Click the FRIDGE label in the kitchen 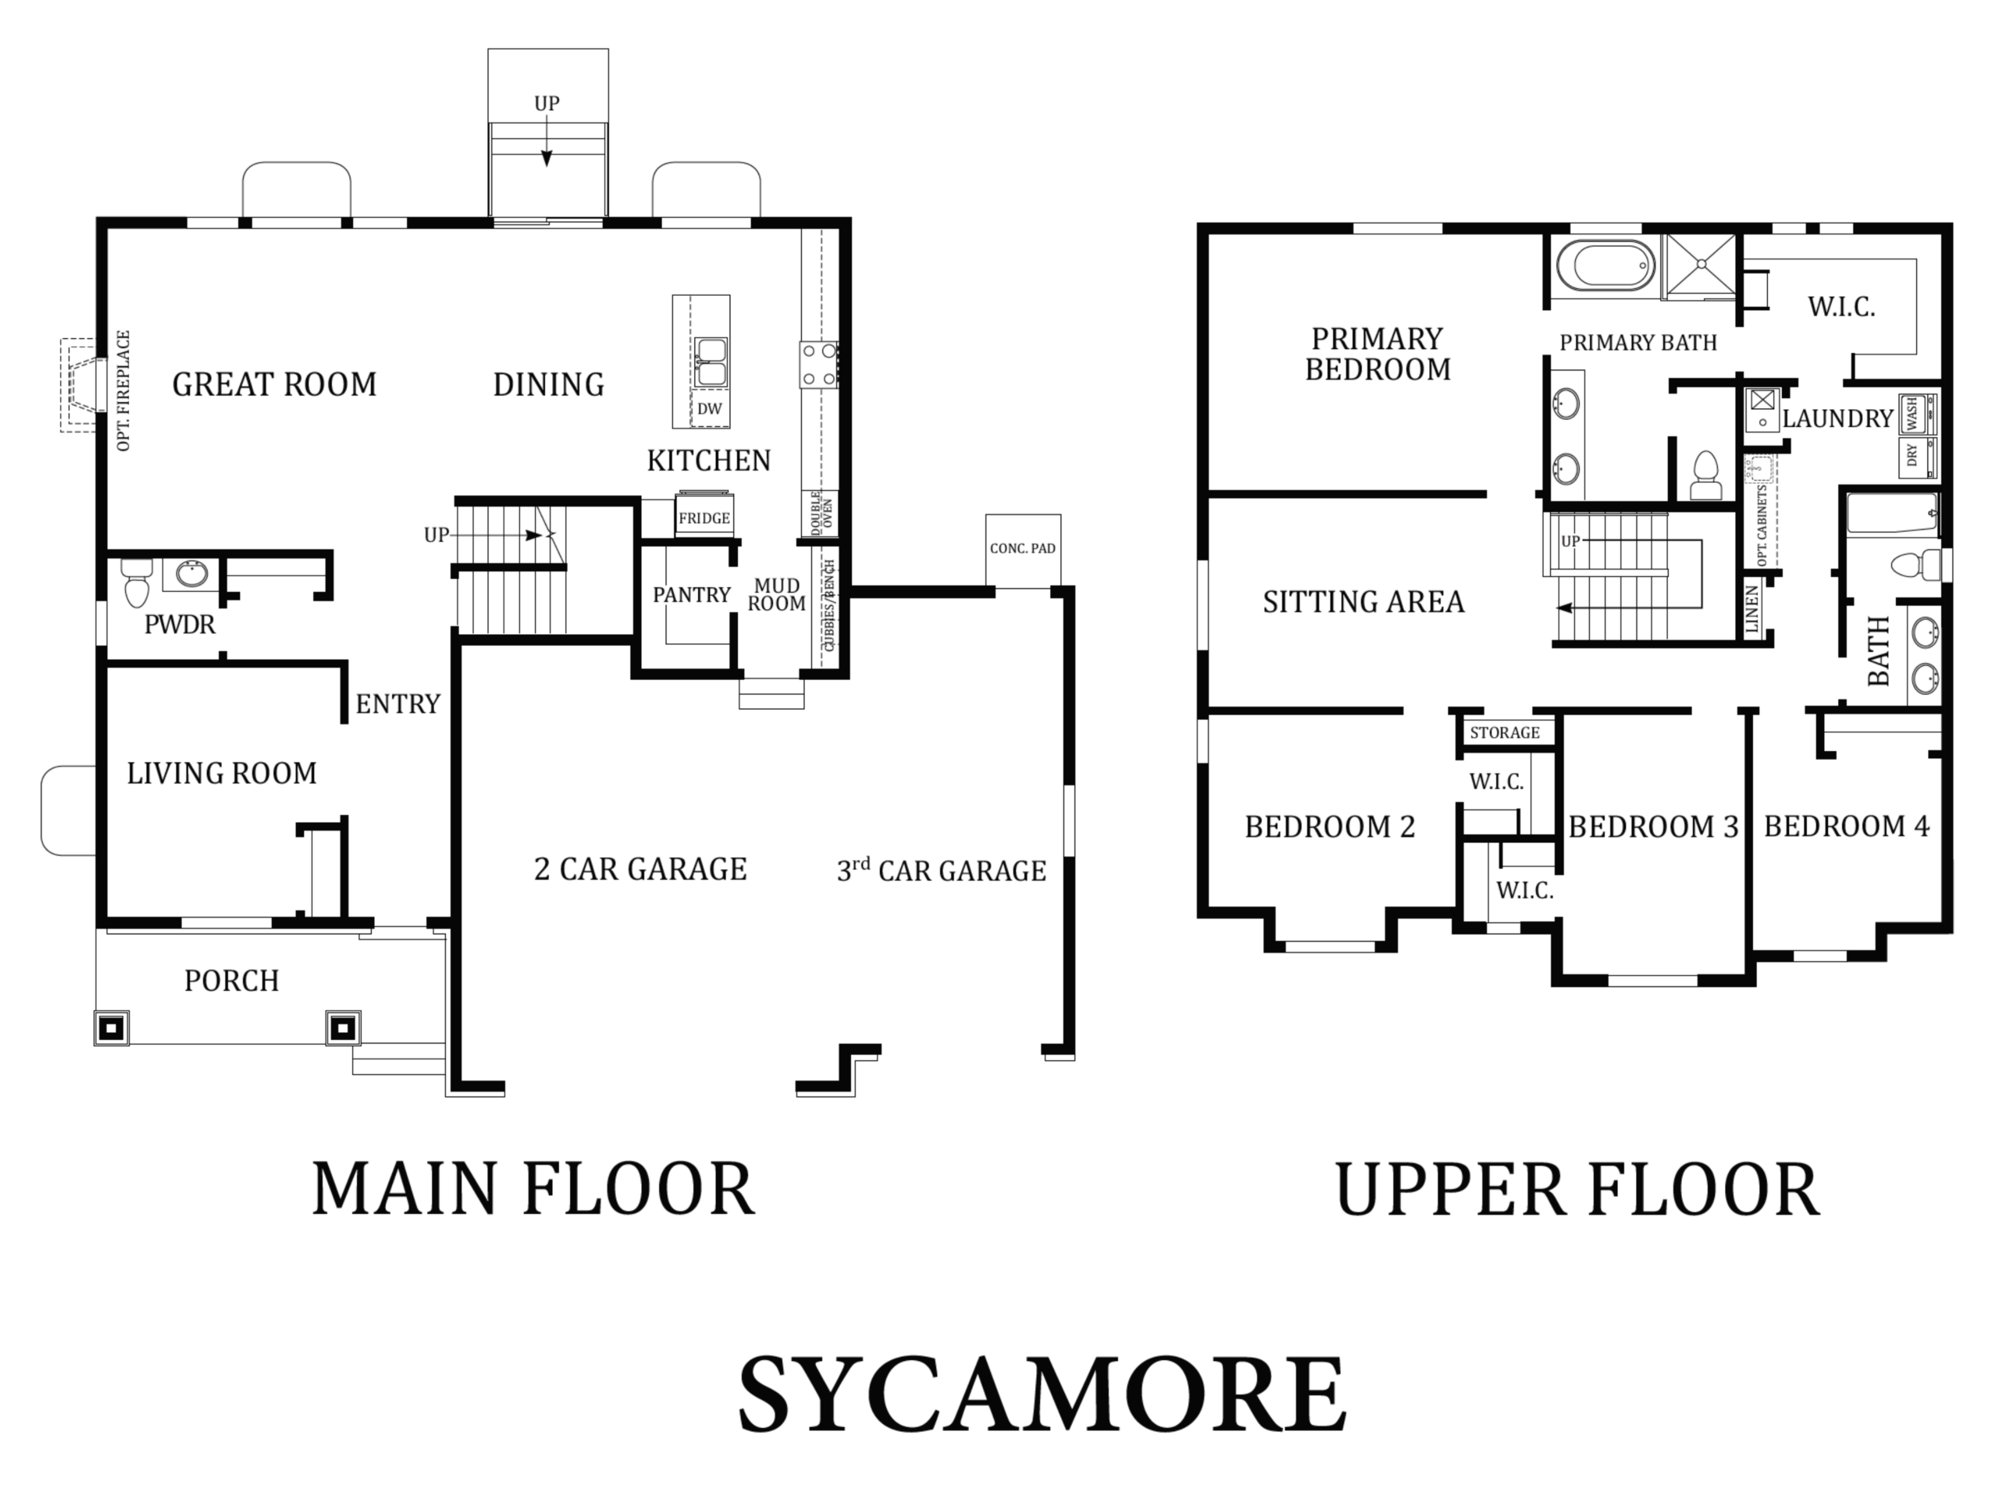pos(704,518)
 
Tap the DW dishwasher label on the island pos(709,408)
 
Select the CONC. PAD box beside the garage pos(1023,550)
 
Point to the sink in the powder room pos(191,574)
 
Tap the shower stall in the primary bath pos(1701,265)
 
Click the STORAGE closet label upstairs pos(1505,733)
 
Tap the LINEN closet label pos(1752,609)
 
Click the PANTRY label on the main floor pos(691,595)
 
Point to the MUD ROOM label pos(776,595)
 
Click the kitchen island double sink pos(711,362)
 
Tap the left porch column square pos(111,1027)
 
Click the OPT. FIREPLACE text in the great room pos(124,390)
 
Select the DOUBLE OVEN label pos(822,515)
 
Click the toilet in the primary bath pos(1705,476)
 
